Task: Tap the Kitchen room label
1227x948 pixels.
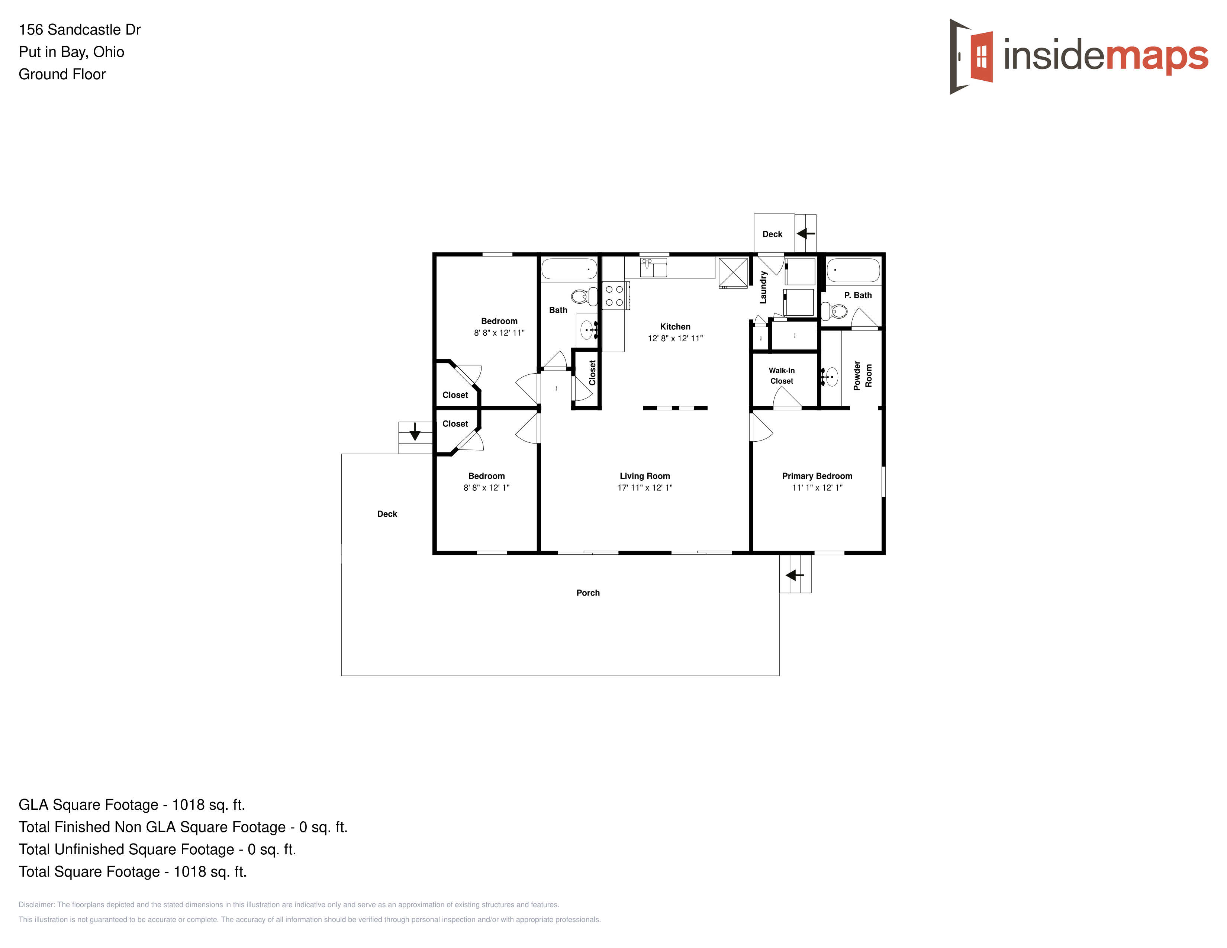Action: click(675, 326)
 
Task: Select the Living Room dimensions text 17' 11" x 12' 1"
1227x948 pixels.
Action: click(645, 487)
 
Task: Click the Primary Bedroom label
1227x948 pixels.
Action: click(817, 476)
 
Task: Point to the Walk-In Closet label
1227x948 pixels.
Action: click(782, 376)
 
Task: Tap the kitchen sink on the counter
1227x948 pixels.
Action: click(653, 267)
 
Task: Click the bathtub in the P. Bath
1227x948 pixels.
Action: click(853, 270)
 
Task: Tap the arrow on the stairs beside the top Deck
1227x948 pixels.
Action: click(806, 233)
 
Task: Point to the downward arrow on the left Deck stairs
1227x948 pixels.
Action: click(415, 431)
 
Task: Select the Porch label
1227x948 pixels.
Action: click(587, 593)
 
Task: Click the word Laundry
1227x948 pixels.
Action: click(763, 287)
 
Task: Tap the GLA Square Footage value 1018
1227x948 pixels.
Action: click(188, 805)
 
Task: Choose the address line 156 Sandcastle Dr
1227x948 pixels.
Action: click(80, 29)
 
